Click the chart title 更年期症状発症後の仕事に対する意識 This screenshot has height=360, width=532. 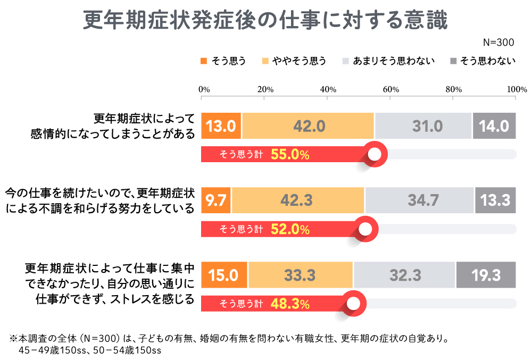point(266,20)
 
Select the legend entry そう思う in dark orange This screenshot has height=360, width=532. point(223,61)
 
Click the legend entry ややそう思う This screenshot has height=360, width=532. point(294,61)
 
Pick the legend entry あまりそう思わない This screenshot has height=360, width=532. point(389,61)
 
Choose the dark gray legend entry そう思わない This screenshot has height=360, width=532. point(483,61)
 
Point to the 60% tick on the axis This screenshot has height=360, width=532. point(390,89)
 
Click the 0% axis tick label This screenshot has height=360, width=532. point(204,89)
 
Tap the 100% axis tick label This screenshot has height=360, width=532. point(516,89)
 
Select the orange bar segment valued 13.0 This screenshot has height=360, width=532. point(221,126)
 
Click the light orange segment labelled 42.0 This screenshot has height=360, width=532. point(308,126)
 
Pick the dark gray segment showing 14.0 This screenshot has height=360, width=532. point(494,126)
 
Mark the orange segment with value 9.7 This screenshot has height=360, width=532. point(216,200)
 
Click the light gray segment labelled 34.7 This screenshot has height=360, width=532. point(419,200)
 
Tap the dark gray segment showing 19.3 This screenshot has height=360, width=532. point(486,275)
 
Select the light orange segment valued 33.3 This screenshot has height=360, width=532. point(301,275)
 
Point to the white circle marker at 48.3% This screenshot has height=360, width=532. point(353,304)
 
